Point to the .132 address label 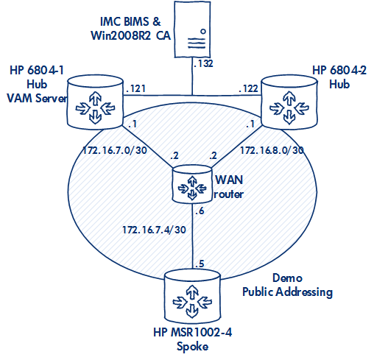(x=202, y=64)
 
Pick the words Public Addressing (x=288, y=292)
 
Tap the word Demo (x=288, y=278)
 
